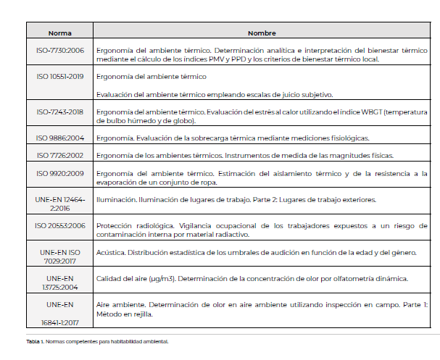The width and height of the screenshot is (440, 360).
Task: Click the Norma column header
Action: point(60,33)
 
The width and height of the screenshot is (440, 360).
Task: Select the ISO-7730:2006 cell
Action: point(60,51)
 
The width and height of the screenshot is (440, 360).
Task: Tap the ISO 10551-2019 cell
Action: point(60,76)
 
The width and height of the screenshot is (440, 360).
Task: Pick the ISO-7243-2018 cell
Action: point(60,112)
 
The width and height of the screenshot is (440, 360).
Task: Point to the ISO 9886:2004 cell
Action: point(60,138)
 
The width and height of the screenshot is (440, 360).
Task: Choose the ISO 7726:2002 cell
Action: point(60,156)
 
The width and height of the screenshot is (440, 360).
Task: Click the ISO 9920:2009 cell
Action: point(60,174)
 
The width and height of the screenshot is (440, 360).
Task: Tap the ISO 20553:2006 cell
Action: point(60,225)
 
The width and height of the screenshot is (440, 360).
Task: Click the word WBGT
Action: point(370,112)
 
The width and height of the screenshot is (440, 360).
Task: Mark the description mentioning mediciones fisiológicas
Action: point(232,138)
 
